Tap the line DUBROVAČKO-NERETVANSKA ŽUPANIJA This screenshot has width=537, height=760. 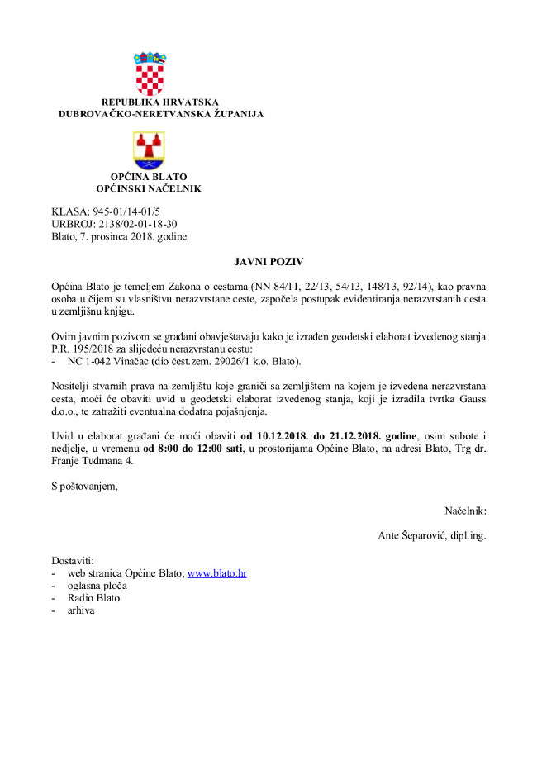(161, 114)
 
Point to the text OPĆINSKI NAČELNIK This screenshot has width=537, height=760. (149, 188)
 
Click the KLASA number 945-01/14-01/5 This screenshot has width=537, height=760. (121, 212)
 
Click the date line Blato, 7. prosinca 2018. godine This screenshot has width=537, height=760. (119, 236)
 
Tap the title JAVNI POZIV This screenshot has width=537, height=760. (268, 261)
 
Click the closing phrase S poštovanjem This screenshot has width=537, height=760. (84, 486)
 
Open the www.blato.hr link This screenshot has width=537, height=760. (217, 572)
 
